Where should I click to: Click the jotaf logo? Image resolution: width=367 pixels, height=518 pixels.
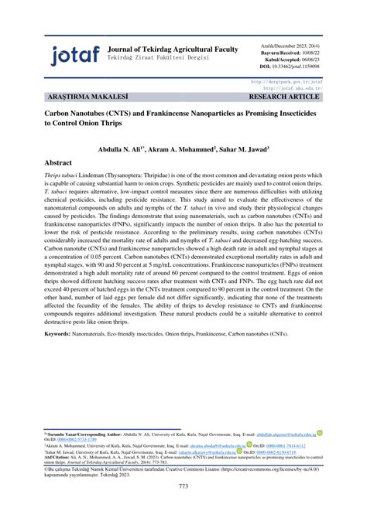74,54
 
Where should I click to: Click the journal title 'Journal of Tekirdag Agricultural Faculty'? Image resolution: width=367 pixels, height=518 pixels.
173,49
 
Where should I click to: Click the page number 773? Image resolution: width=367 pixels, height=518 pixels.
183,486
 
